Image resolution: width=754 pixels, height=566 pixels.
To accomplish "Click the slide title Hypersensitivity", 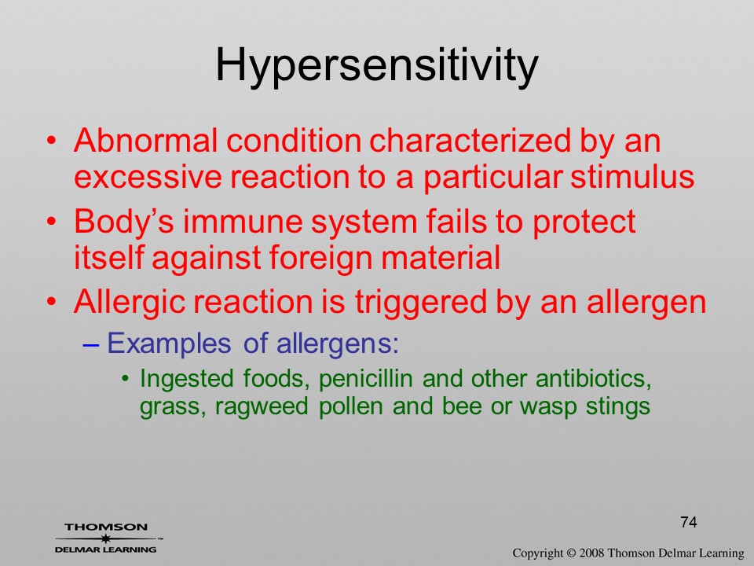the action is (x=376, y=66).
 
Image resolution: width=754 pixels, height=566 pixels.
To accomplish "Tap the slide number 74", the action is (x=689, y=522).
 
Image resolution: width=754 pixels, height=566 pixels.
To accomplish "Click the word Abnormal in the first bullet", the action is (x=146, y=141).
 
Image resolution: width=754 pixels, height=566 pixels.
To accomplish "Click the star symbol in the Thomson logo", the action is (x=105, y=538).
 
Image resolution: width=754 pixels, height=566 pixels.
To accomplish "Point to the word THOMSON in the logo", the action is (x=106, y=527).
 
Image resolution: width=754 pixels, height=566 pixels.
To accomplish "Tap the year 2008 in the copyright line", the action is (x=591, y=553).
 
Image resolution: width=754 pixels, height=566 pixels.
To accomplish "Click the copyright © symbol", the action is (x=571, y=553).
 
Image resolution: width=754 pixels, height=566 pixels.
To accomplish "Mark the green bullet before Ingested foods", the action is (x=125, y=379).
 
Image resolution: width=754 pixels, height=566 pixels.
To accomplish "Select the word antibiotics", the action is (x=594, y=379).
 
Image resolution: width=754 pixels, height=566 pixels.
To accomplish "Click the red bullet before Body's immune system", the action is (x=52, y=222).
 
